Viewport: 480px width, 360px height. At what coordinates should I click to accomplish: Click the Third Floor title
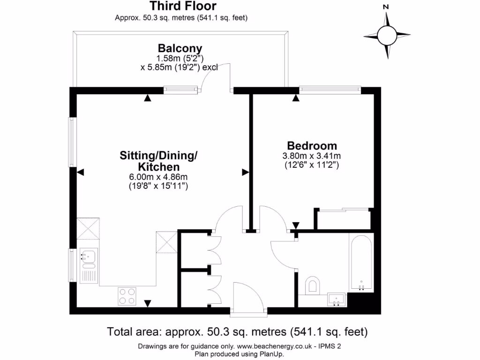pos(183,7)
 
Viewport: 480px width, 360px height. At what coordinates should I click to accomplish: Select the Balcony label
pos(180,48)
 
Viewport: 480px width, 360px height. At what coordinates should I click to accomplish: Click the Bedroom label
pos(312,145)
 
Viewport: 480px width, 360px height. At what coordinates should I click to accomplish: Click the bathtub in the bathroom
pos(361,263)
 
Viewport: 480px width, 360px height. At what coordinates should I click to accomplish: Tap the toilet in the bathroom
pos(312,285)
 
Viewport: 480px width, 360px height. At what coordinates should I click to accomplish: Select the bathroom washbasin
pos(336,299)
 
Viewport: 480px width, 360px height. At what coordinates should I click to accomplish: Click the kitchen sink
pos(88,256)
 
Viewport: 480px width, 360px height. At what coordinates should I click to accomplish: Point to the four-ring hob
pos(127,296)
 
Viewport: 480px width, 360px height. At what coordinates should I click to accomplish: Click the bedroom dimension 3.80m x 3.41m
pos(312,156)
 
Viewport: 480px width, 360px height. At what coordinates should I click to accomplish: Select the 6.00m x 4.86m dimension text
pos(158,177)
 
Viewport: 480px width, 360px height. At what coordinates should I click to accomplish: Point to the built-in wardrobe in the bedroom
pos(344,219)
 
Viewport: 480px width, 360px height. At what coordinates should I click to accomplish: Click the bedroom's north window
pos(330,88)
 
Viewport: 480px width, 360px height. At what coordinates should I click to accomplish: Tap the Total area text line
pos(237,332)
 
